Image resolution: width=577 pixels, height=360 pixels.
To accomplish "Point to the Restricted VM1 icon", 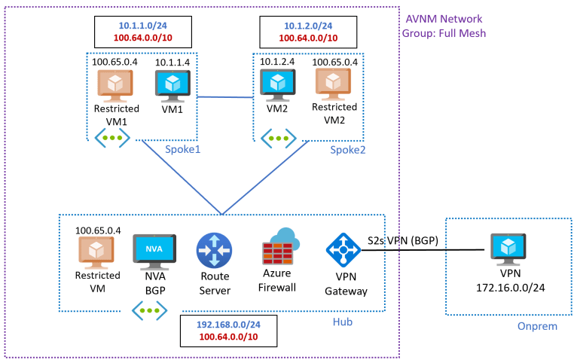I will [115, 86].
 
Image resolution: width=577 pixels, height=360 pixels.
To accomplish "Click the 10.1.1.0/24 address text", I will [143, 25].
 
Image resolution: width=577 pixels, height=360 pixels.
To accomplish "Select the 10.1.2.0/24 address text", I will [307, 25].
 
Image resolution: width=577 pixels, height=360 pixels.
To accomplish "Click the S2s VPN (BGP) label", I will [403, 240].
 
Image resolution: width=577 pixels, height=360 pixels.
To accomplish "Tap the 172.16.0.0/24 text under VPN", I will [509, 288].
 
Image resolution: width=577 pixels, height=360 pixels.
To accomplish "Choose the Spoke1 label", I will [182, 148].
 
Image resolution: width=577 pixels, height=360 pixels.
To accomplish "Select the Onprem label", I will [536, 326].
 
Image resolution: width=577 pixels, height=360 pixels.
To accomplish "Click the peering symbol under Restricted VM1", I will [111, 138].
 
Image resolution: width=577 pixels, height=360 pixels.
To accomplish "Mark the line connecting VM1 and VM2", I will [224, 96].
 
